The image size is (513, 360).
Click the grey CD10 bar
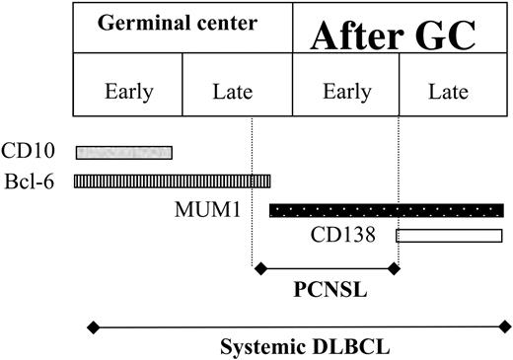[123, 152]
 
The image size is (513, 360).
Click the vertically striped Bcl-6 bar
[173, 180]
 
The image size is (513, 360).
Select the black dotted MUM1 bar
[386, 209]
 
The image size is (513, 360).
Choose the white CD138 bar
[449, 235]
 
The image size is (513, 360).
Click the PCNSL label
[326, 292]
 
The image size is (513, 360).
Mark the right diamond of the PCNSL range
[396, 267]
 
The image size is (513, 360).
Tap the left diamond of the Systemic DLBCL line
[93, 324]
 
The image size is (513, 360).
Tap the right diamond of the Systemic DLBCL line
[506, 324]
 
